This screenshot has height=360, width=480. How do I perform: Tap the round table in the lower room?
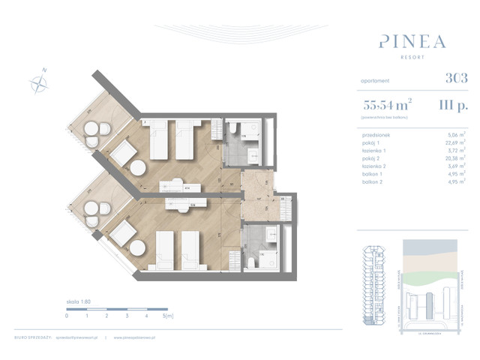tap(138, 247)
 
